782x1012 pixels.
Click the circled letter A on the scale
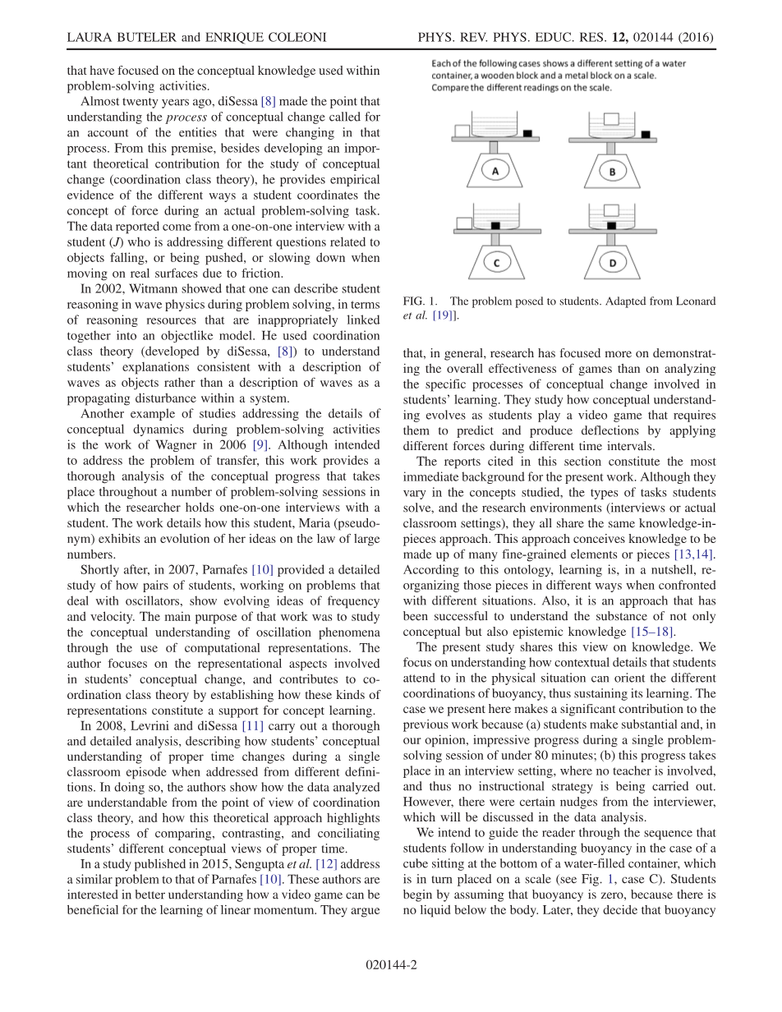494,170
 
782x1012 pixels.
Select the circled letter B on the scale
613,171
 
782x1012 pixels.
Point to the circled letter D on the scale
613,263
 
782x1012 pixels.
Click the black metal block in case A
527,132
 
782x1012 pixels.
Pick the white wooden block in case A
462,131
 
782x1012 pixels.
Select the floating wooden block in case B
611,119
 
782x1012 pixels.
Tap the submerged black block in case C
495,224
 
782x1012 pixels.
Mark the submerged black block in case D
612,225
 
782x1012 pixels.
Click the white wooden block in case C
463,223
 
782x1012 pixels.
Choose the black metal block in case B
646,133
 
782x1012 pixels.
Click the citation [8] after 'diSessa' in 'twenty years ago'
269,102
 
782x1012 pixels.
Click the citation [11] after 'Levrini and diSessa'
254,726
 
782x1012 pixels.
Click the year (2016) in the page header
694,38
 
